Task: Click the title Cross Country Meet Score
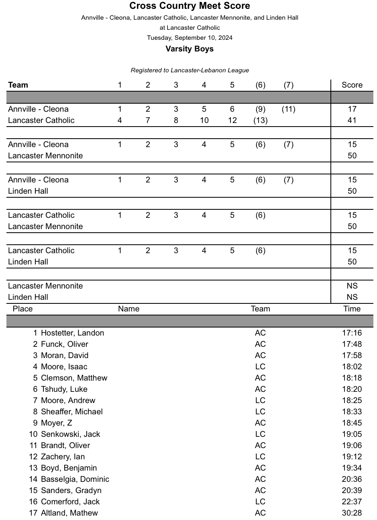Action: (x=190, y=6)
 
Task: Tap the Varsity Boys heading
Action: (x=190, y=49)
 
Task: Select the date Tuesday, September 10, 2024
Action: (x=190, y=38)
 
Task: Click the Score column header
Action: (x=352, y=85)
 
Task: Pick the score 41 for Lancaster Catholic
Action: (x=352, y=120)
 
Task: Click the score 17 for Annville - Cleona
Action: (x=352, y=109)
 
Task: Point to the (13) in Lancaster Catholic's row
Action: (x=260, y=120)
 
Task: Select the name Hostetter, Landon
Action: (x=72, y=333)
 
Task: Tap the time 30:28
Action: (x=352, y=513)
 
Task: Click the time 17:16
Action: (x=352, y=333)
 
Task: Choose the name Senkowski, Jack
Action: (x=70, y=434)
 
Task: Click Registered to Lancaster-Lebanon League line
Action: (x=190, y=70)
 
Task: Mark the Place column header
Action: (x=22, y=309)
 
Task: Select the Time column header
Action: (x=352, y=309)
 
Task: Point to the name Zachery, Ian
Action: (x=63, y=457)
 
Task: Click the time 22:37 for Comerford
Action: (x=352, y=502)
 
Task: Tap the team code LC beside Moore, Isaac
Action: (x=260, y=366)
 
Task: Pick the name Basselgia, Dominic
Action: (x=75, y=479)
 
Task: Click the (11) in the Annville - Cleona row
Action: (x=288, y=109)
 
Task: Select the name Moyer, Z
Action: (x=56, y=423)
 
